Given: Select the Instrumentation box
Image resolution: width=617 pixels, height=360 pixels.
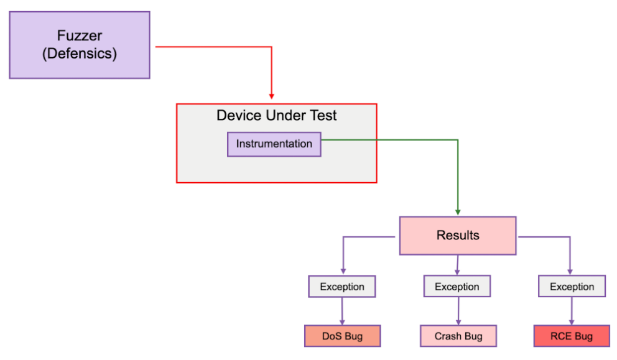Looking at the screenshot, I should click(x=274, y=144).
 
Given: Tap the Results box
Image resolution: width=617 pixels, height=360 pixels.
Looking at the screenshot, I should click(x=458, y=236).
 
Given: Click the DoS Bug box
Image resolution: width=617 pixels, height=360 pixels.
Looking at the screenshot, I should click(x=341, y=336).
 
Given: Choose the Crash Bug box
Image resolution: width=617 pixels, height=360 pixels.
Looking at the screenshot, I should click(x=458, y=336).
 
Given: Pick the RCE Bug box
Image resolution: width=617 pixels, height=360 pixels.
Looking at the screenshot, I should click(x=571, y=336).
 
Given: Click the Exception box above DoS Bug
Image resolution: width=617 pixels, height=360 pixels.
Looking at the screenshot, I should click(x=341, y=287).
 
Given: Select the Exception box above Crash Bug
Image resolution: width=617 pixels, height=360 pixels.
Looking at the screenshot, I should click(x=457, y=287).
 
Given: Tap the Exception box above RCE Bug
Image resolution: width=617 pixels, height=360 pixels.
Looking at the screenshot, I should click(x=571, y=287).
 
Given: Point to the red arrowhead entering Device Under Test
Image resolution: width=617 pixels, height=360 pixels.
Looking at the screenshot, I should click(x=272, y=96).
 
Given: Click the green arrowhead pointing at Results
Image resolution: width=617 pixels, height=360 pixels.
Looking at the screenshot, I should click(x=458, y=211).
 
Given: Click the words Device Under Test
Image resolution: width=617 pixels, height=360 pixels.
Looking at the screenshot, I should click(x=276, y=116).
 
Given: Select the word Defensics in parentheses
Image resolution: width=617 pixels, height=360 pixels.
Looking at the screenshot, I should click(x=80, y=53).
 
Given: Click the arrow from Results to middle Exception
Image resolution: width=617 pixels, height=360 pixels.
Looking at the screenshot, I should click(x=457, y=265).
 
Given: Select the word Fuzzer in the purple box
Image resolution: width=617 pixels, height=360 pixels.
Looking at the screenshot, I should click(x=80, y=35).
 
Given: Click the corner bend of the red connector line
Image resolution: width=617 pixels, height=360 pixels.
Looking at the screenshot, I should click(x=272, y=47).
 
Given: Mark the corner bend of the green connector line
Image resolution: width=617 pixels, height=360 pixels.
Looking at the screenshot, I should click(x=458, y=140).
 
